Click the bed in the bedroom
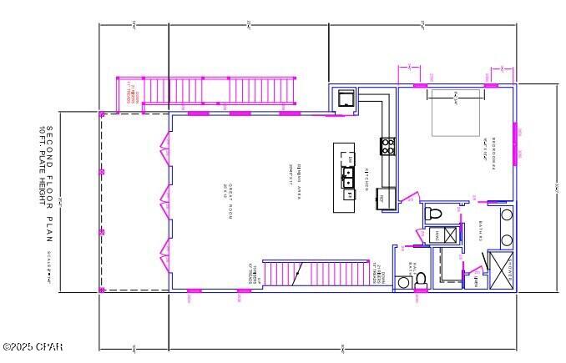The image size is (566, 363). click(456, 113)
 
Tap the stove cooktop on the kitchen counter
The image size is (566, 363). click(388, 146)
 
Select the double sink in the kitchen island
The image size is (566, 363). click(349, 175)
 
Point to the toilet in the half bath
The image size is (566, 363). click(421, 279)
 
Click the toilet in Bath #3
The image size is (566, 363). click(432, 214)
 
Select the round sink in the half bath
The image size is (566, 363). click(404, 283)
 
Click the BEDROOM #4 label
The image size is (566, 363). click(493, 152)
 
